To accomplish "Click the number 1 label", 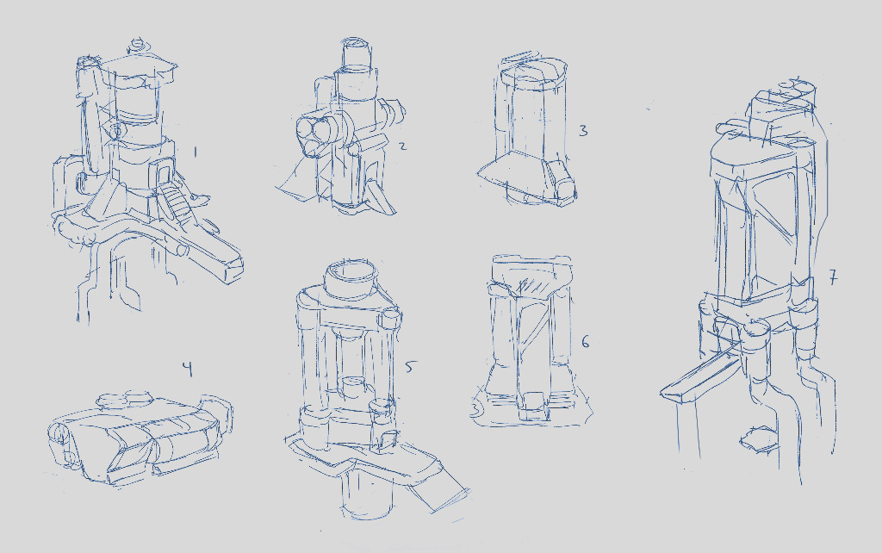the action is [196, 152].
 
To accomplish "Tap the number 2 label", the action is [402, 146].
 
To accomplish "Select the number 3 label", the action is [583, 131].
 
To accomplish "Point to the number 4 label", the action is [187, 369].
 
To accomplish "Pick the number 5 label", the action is [410, 367].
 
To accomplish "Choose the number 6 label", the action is [586, 341].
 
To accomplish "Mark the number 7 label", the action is [833, 278].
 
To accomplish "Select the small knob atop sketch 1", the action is [137, 45].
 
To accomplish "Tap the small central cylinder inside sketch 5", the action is [354, 388].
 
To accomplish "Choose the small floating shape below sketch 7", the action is [757, 438].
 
